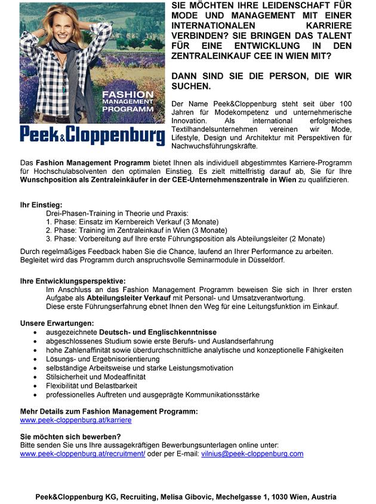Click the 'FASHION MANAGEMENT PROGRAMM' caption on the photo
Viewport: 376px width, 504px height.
(128, 102)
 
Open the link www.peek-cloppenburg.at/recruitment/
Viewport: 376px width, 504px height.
(82, 454)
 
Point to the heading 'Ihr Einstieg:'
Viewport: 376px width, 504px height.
(41, 205)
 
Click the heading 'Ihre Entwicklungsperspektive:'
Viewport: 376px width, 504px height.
(73, 281)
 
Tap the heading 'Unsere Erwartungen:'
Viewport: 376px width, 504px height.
(57, 323)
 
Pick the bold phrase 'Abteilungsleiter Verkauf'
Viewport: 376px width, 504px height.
(128, 297)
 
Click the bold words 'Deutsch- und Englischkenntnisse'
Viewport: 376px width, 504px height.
(158, 332)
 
